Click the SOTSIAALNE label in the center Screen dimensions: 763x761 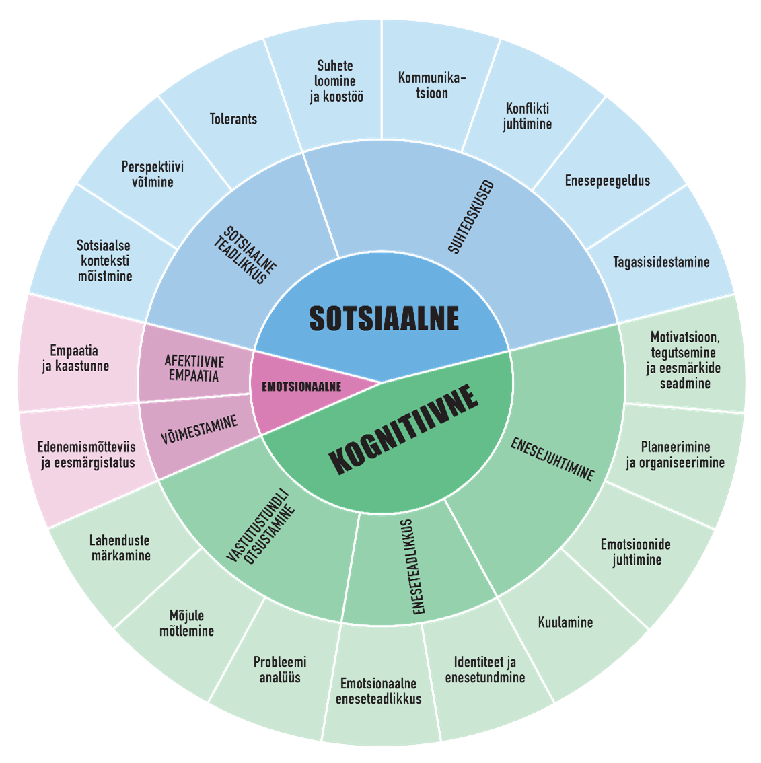pos(384,318)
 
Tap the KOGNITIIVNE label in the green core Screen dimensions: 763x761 pos(404,431)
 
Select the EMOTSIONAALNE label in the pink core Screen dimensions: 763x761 pos(301,387)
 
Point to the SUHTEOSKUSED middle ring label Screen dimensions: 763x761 pos(471,217)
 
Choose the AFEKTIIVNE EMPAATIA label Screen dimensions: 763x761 pos(194,369)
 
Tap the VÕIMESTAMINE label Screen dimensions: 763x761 pos(199,430)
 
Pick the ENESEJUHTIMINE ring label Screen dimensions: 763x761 pos(552,460)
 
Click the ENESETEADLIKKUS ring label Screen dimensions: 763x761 pos(412,567)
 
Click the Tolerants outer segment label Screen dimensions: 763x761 pos(233,119)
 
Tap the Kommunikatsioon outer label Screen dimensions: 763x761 pos(431,85)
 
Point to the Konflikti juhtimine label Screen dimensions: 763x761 pos(527,116)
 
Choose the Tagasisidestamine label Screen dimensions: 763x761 pos(661,262)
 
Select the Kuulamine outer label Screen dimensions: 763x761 pos(565,622)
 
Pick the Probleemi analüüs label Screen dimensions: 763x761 pos(280,669)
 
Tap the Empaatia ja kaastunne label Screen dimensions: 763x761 pos(75,358)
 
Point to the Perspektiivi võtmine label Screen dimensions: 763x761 pos(153,174)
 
